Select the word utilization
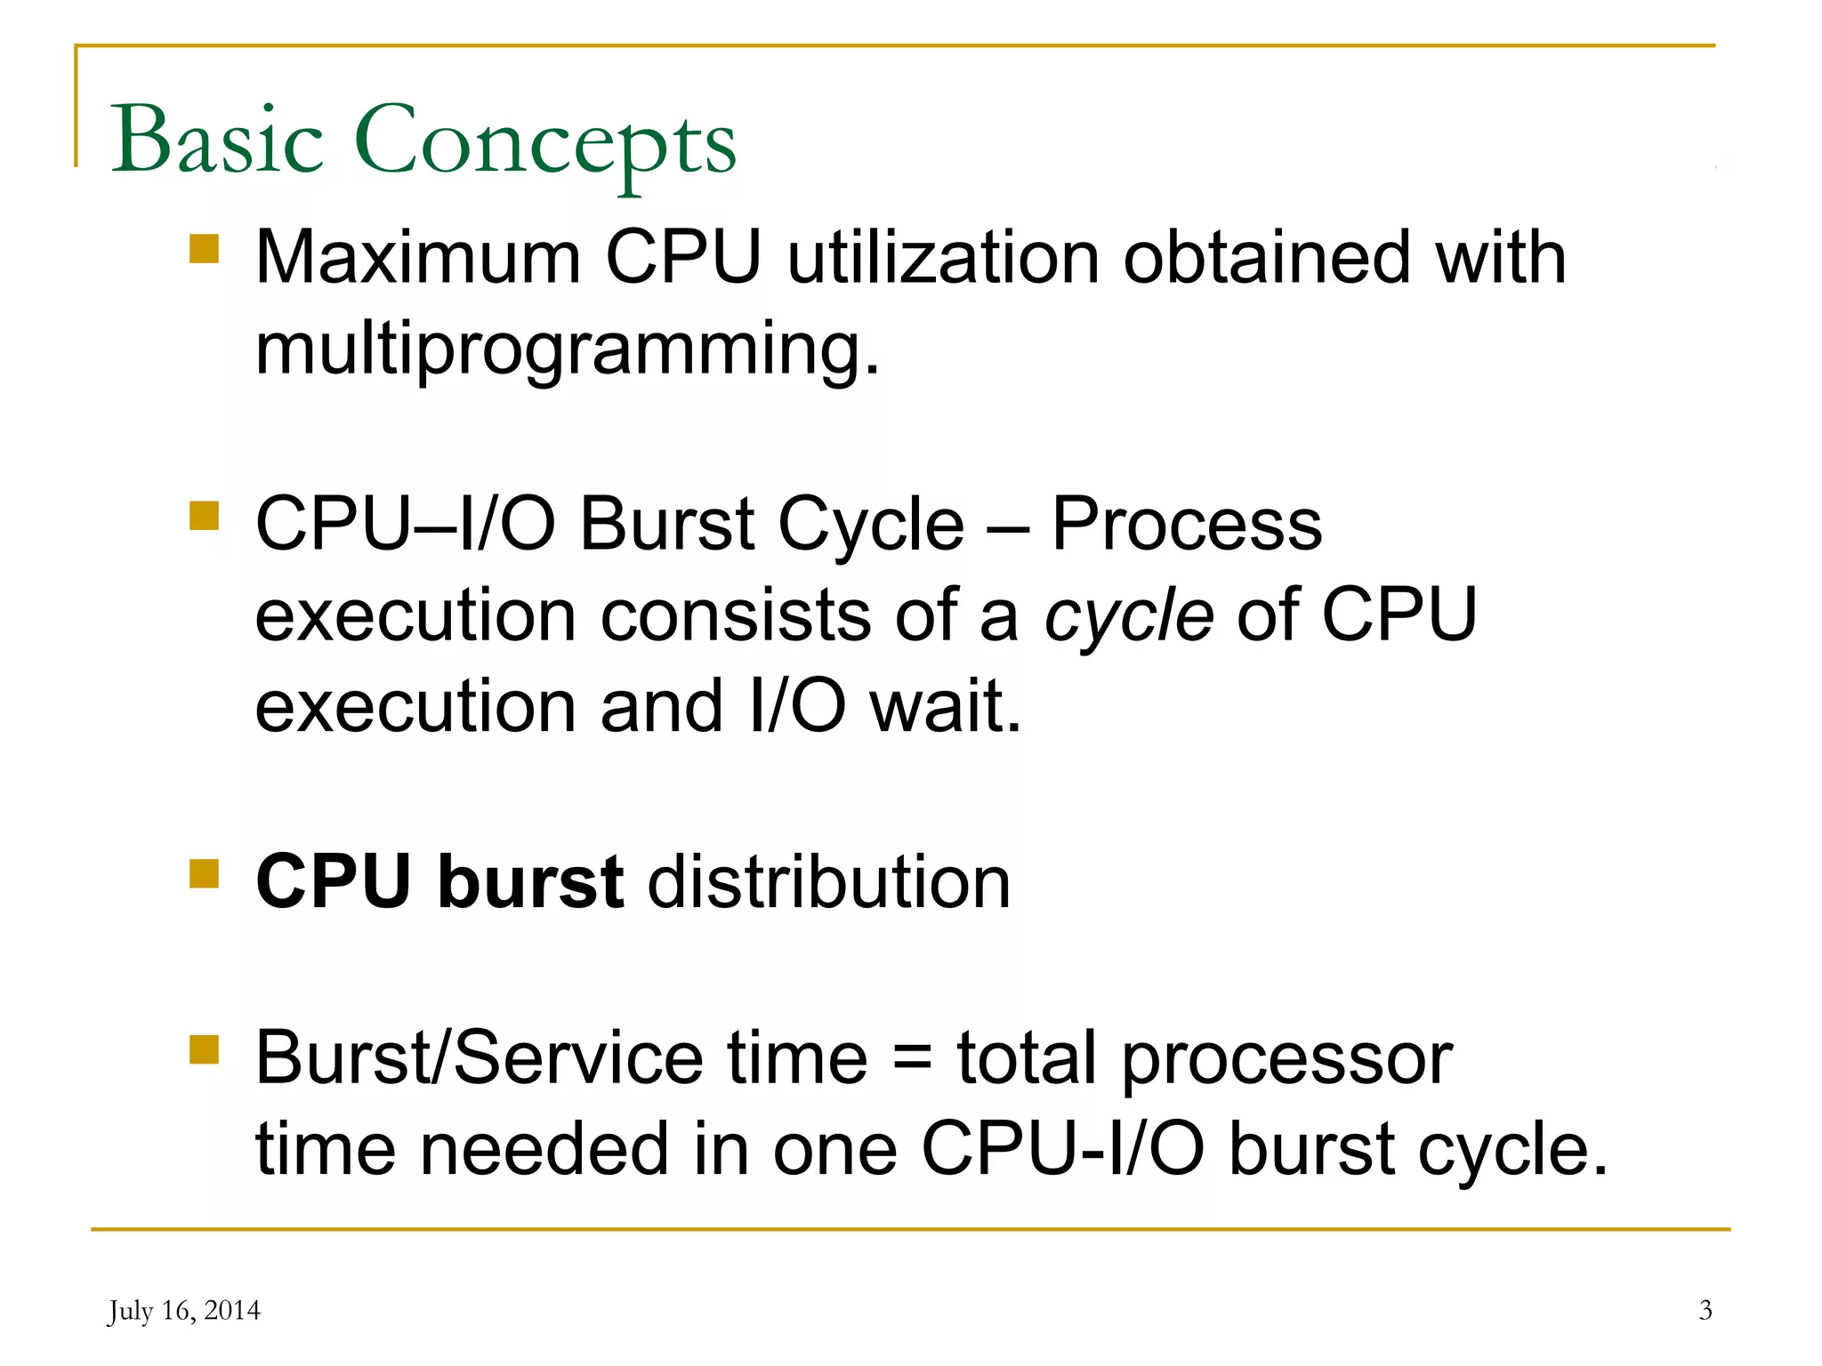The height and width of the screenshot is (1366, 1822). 943,258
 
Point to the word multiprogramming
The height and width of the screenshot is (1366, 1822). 567,350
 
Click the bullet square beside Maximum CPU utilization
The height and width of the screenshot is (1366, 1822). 204,249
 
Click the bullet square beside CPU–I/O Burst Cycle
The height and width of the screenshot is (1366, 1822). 204,516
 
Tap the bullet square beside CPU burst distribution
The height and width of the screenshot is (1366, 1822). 204,873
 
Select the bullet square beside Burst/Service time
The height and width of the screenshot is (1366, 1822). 204,1049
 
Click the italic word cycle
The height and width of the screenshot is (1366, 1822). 1128,615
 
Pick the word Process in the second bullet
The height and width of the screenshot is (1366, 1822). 1187,525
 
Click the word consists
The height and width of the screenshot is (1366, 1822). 735,615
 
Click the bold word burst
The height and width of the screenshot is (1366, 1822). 530,882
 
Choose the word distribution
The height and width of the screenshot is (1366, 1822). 829,882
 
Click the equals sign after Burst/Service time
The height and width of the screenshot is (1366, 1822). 912,1060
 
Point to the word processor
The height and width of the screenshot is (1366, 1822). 1286,1060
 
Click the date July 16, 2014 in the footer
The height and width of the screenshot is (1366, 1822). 184,1311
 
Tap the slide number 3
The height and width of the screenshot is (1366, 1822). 1705,1311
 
